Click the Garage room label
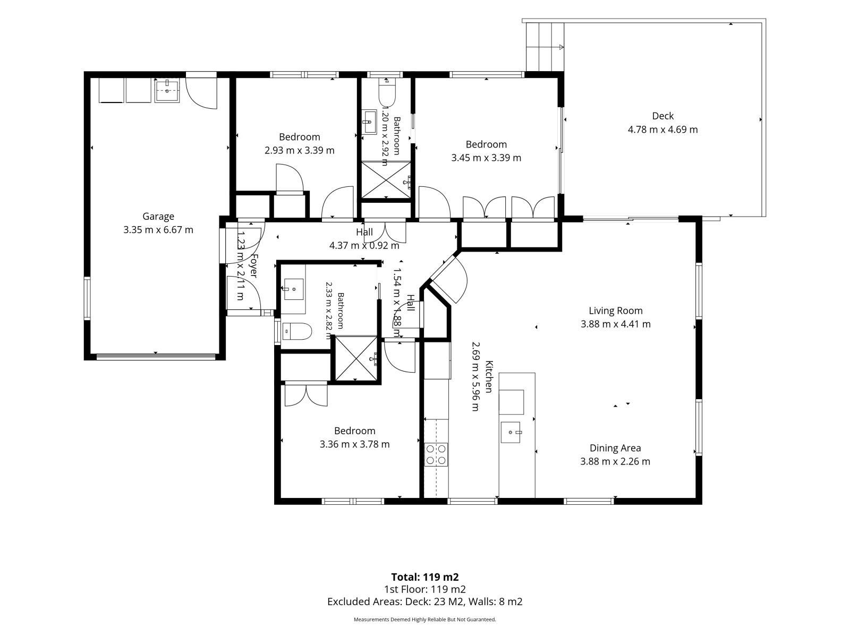158,216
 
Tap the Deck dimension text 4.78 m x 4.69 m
662,130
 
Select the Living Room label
615,311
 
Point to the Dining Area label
615,448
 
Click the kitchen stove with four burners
436,454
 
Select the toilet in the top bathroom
387,92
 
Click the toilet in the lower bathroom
297,331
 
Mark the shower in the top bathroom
386,180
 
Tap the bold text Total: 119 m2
425,577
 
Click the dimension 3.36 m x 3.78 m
354,444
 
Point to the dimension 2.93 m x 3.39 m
299,150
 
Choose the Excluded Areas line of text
425,601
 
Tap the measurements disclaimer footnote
425,619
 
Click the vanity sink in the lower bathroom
294,289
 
